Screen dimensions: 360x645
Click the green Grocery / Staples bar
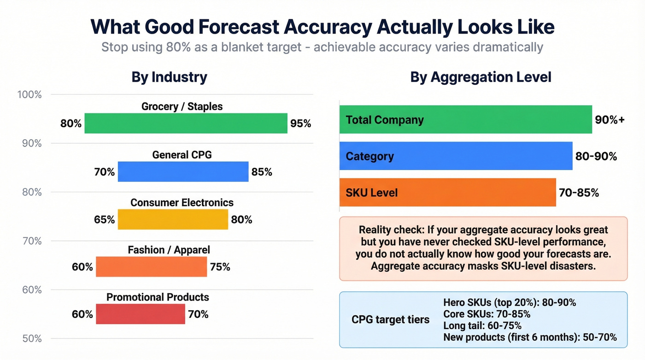tap(186, 124)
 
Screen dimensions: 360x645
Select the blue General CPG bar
tap(183, 172)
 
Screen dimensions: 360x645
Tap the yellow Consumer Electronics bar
tap(173, 219)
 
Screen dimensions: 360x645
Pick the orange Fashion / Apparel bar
tap(151, 267)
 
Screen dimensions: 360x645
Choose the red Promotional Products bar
tap(140, 314)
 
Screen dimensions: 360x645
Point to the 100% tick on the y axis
tap(29, 95)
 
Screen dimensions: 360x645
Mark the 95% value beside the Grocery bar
tap(300, 124)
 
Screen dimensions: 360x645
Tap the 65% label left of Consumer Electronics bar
tap(104, 219)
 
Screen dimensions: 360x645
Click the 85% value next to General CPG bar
tap(262, 172)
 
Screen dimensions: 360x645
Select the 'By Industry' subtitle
tap(169, 77)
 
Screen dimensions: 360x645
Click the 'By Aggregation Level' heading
tap(481, 77)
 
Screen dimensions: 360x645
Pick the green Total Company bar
tap(465, 120)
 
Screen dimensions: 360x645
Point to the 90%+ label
tap(610, 120)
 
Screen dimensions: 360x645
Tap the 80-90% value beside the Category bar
tap(596, 156)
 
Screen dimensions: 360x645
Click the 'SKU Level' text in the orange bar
tap(371, 193)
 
